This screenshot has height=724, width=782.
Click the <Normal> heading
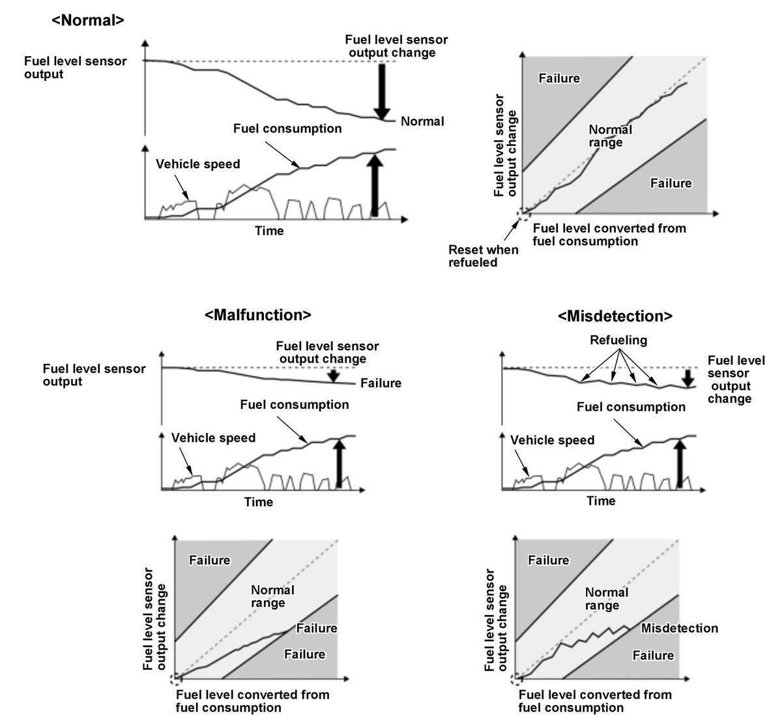click(87, 20)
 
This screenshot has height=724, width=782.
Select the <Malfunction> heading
click(257, 315)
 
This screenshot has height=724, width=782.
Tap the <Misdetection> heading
click(615, 316)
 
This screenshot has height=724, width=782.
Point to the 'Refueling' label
click(618, 340)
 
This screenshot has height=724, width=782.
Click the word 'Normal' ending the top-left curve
click(422, 121)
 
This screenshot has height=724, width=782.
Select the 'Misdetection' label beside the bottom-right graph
click(679, 628)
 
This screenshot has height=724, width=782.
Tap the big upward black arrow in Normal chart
click(374, 185)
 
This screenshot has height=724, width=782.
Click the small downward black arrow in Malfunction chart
click(334, 375)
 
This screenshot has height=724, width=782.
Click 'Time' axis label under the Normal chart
click(269, 230)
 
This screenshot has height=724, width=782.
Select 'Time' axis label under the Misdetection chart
click(600, 500)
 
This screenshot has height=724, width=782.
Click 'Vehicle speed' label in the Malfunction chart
click(213, 438)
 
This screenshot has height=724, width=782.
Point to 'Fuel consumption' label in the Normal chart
click(287, 128)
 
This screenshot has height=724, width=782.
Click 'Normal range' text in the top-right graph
click(609, 136)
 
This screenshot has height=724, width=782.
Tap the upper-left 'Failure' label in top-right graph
click(559, 78)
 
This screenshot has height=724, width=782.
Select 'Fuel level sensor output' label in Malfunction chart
click(94, 374)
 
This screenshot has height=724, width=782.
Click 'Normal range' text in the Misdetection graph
click(605, 599)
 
